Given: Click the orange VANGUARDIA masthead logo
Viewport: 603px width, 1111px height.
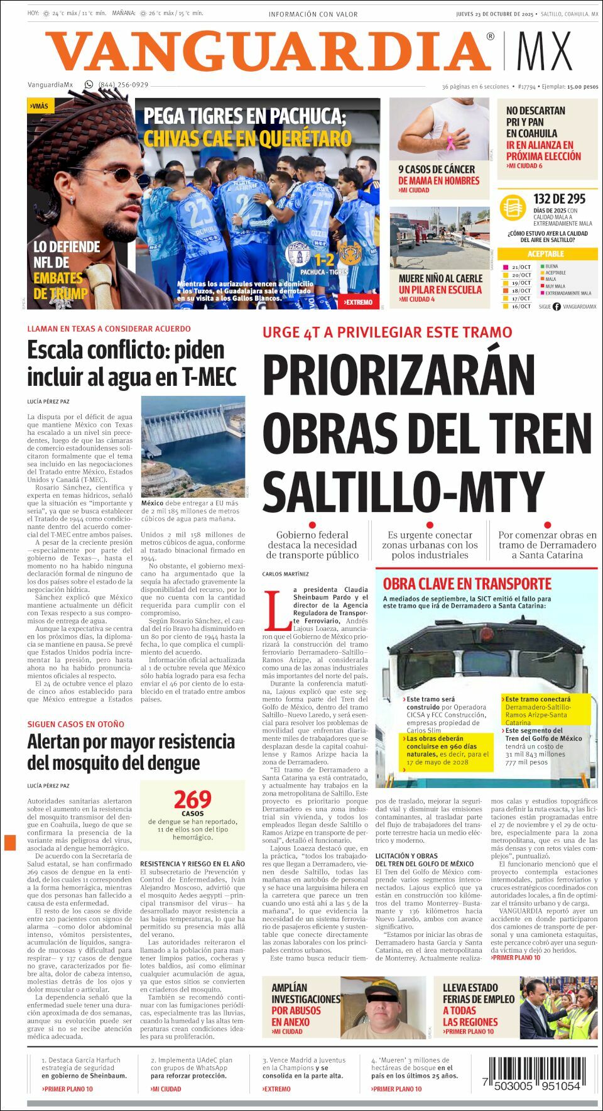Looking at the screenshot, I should click(269, 52).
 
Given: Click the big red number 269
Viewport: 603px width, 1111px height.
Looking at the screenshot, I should click(192, 800).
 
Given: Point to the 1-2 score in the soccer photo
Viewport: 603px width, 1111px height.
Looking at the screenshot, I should click(324, 260).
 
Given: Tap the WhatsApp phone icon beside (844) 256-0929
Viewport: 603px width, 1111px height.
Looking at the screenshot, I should click(89, 85).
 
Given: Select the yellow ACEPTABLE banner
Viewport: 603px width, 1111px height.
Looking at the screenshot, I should click(545, 254).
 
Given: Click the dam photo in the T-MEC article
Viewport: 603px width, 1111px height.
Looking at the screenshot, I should click(193, 446).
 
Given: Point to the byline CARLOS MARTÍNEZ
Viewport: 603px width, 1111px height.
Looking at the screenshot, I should click(286, 574).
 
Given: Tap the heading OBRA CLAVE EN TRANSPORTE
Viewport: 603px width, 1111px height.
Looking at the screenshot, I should click(467, 584).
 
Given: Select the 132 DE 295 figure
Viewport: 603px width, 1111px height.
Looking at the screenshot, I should click(559, 199).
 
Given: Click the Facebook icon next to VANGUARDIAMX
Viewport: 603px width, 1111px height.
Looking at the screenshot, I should click(557, 307).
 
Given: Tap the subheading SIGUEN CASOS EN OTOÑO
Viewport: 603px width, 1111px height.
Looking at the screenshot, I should click(75, 724).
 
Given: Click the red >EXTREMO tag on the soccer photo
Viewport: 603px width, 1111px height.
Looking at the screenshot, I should click(358, 302).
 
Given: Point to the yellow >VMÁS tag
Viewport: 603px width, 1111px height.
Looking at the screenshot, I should click(40, 106).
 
